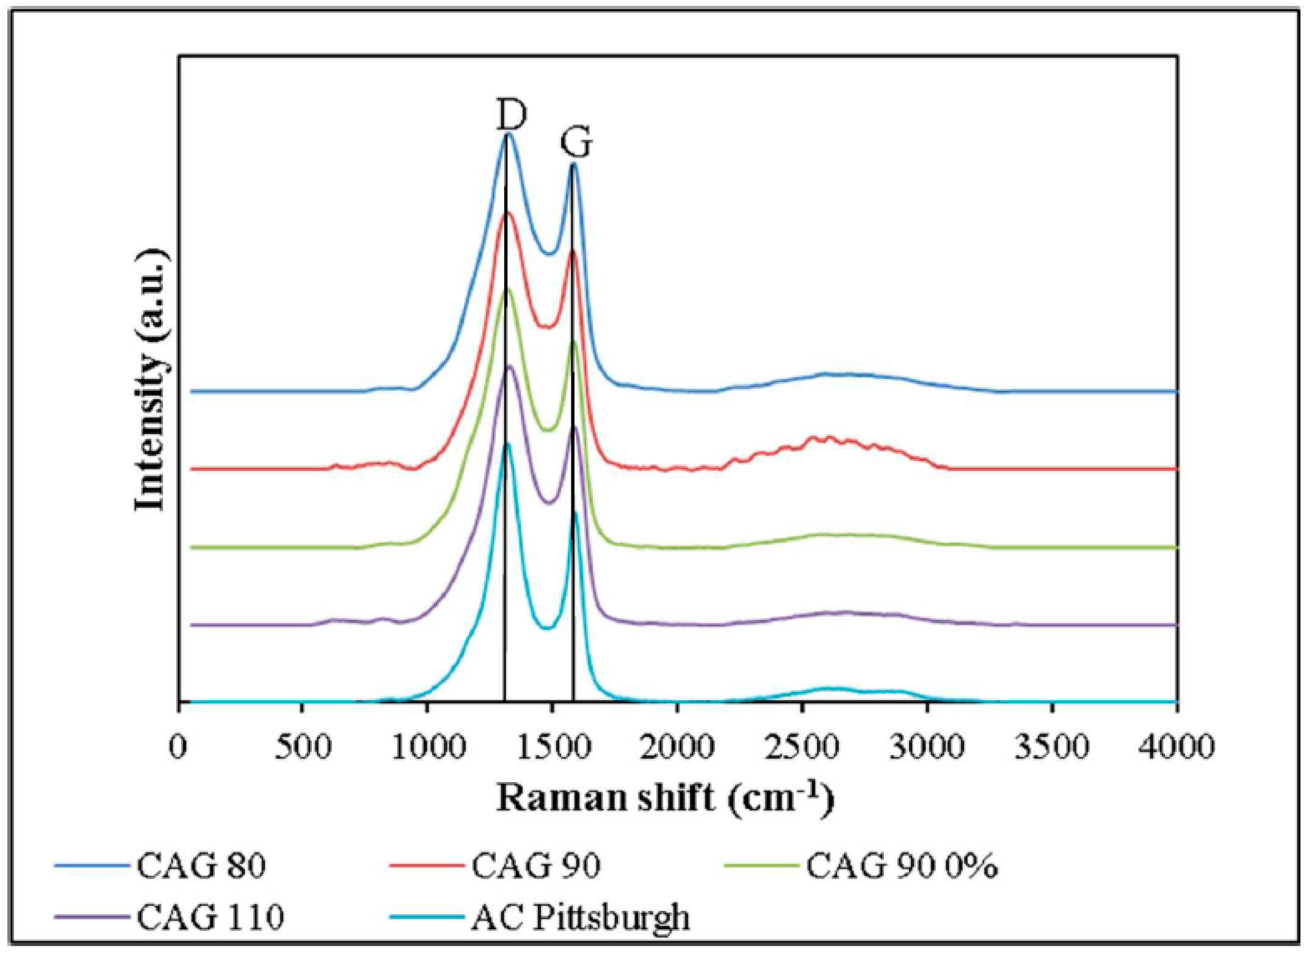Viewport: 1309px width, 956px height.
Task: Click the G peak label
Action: click(x=576, y=143)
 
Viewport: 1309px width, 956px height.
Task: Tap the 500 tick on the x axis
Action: click(x=303, y=747)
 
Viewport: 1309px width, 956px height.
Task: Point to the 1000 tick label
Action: click(x=428, y=747)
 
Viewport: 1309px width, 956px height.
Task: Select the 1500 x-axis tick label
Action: click(x=553, y=747)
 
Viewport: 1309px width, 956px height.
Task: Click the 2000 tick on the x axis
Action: click(x=677, y=747)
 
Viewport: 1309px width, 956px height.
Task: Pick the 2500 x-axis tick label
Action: click(x=802, y=747)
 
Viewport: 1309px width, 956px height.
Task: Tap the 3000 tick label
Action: click(x=927, y=747)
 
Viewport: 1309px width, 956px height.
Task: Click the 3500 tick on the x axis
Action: click(x=1051, y=747)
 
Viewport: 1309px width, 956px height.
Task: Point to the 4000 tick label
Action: click(x=1176, y=747)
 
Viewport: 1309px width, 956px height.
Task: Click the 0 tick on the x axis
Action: click(x=178, y=747)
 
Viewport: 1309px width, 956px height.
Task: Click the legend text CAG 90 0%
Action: click(x=902, y=866)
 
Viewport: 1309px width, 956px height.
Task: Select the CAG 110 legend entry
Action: click(x=210, y=916)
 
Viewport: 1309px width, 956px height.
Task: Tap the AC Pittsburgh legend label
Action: click(x=580, y=916)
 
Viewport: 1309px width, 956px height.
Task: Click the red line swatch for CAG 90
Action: click(x=426, y=866)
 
